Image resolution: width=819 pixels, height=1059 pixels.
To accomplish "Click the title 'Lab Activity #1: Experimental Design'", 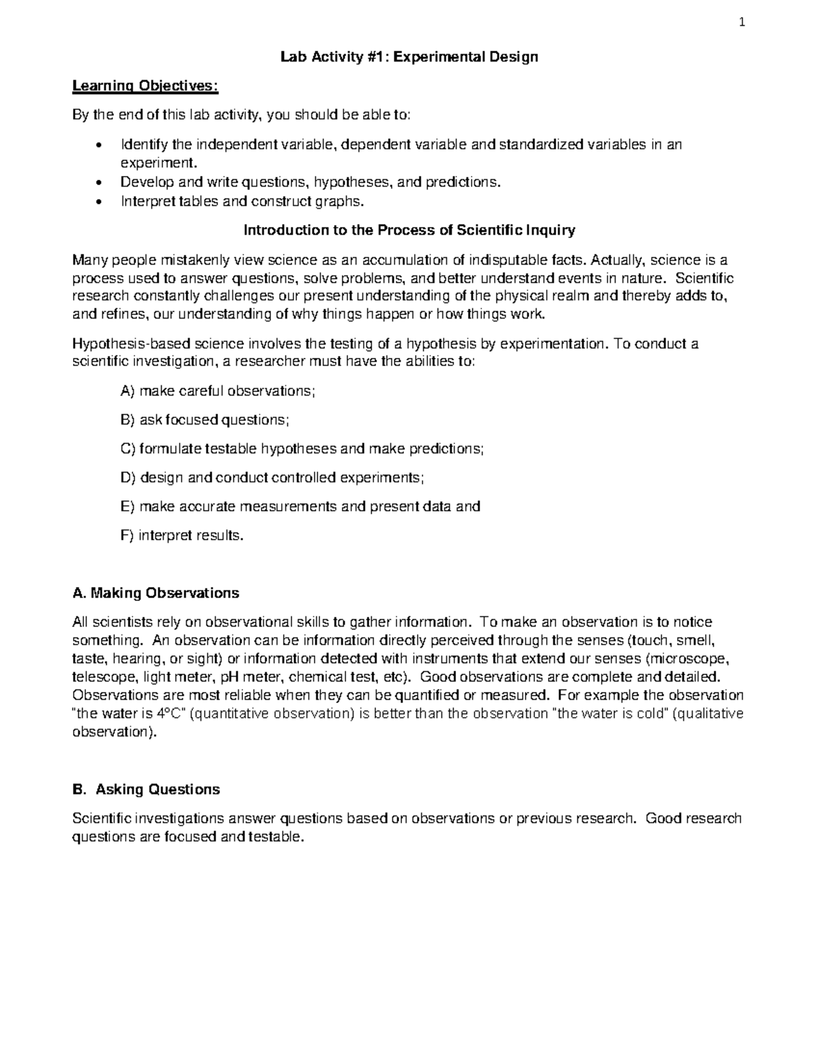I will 409,57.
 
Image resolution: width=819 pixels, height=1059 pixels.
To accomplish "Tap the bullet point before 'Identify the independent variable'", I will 101,146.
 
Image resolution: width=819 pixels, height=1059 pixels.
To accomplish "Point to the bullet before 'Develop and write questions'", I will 101,183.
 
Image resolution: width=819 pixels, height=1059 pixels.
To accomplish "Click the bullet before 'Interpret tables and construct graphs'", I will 101,202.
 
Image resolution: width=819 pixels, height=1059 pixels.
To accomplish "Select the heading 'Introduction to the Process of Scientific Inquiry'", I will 409,230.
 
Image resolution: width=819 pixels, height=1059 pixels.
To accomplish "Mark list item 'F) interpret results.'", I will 182,535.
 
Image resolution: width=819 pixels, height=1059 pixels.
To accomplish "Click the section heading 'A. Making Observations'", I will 156,593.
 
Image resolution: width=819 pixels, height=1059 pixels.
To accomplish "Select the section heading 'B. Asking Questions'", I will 146,790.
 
